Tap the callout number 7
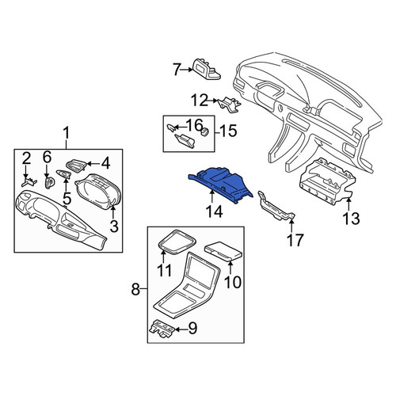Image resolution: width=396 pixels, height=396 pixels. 177,70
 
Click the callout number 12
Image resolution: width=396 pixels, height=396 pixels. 200,101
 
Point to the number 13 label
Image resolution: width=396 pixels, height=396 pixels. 352,219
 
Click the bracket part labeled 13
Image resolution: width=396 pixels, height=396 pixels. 326,182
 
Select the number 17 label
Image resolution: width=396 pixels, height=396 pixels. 295,240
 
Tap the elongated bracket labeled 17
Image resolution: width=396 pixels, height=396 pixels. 276,206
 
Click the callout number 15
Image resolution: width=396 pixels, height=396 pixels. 228,131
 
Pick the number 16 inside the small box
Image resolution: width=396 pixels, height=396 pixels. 195,125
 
